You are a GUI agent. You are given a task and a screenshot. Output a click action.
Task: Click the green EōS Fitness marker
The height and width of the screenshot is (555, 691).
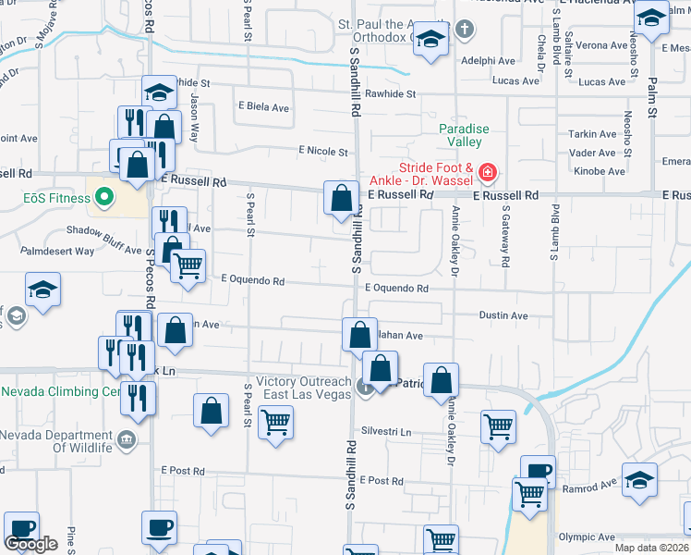[103, 196]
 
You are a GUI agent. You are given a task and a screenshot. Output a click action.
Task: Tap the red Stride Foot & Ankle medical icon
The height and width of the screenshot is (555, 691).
[487, 172]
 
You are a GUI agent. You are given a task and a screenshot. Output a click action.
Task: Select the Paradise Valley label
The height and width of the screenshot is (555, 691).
[464, 135]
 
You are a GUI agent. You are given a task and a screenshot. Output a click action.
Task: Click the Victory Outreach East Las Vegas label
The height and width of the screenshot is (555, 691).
[304, 388]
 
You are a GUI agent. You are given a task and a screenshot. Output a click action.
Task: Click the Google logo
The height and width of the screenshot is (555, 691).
[30, 544]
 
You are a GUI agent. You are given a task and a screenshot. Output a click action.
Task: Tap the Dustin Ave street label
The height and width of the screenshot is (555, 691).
[503, 315]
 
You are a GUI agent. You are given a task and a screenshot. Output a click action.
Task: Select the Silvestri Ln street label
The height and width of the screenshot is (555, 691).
[385, 431]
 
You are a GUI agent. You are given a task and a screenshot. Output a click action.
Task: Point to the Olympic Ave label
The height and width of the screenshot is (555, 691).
[586, 536]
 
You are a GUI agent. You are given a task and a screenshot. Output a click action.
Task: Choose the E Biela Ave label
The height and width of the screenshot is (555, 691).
[264, 107]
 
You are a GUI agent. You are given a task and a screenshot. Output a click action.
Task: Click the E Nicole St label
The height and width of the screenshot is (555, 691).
[323, 152]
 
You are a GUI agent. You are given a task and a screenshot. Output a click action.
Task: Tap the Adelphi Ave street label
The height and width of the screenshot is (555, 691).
[489, 61]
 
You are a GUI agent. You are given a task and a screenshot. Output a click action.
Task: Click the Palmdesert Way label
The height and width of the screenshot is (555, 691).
[59, 251]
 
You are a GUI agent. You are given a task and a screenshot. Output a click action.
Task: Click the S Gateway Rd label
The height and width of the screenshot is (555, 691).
[506, 242]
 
